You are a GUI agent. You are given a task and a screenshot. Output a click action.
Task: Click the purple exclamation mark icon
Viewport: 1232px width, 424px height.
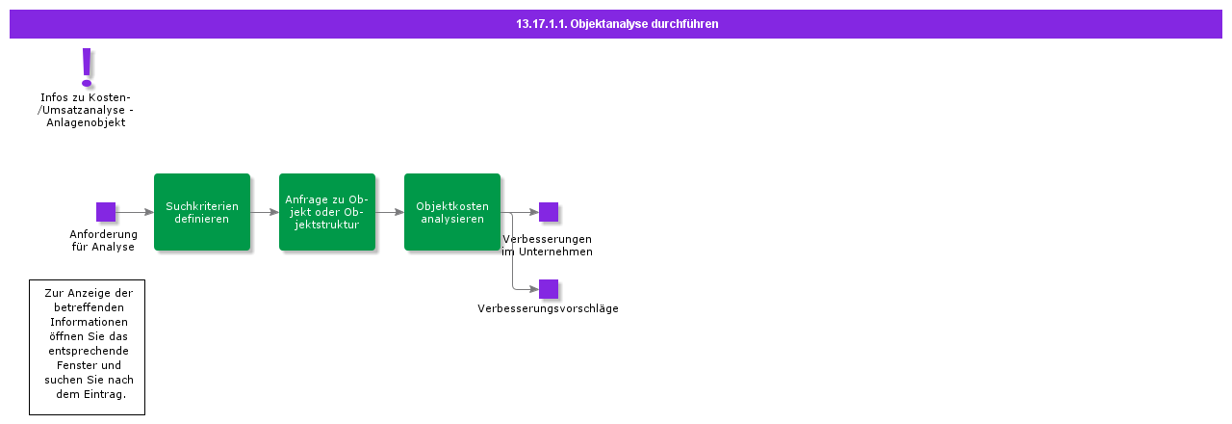tap(87, 66)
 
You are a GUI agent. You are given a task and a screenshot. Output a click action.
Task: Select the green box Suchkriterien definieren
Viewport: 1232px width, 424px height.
tap(202, 212)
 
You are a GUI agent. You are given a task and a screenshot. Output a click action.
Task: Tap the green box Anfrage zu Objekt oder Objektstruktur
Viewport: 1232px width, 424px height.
tap(327, 212)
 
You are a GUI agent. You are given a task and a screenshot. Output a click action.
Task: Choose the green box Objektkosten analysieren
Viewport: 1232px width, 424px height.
tap(452, 212)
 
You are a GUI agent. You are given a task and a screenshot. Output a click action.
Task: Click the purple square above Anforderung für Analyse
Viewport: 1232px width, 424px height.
tap(106, 212)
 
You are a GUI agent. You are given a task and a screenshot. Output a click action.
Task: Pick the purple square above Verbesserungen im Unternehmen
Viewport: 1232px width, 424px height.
tap(549, 212)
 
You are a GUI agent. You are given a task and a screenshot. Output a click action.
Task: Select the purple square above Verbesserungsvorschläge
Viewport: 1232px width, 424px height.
tap(549, 289)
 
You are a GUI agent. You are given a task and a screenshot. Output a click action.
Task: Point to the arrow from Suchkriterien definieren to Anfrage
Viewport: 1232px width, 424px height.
tap(265, 212)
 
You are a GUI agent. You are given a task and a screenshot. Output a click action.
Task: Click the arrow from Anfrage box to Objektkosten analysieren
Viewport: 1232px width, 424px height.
tap(390, 212)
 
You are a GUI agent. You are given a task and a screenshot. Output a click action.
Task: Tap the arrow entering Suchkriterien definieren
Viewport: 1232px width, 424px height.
tap(135, 212)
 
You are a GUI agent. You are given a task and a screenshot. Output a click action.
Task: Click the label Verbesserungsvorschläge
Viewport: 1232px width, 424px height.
tap(548, 309)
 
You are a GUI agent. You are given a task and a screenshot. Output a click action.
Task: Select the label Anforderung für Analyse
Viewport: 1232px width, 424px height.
tap(103, 240)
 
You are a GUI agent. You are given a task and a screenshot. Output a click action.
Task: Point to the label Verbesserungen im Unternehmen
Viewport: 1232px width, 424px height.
tap(547, 245)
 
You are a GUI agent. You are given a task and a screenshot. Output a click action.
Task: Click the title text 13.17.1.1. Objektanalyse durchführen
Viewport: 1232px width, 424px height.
tap(616, 24)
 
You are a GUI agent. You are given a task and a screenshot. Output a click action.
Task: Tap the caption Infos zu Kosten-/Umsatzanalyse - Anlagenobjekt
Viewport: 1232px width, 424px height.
tap(86, 110)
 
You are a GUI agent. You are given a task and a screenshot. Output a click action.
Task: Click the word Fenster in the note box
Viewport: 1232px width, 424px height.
tap(87, 365)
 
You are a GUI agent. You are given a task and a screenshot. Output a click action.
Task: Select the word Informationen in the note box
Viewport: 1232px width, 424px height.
tap(89, 322)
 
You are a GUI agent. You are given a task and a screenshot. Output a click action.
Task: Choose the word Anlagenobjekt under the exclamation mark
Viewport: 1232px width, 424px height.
tap(86, 122)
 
